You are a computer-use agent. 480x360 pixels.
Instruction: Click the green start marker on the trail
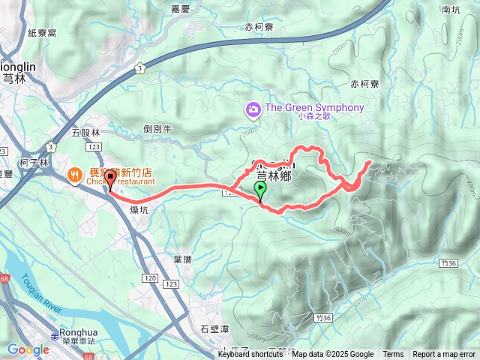click(x=260, y=190)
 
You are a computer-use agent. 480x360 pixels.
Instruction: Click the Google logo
click(x=28, y=349)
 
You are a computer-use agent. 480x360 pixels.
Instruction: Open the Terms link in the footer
click(x=393, y=355)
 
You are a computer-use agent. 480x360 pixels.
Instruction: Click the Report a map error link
click(x=444, y=355)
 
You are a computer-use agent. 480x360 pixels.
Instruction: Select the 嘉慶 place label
click(x=180, y=9)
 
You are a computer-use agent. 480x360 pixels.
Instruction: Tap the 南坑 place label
click(x=451, y=10)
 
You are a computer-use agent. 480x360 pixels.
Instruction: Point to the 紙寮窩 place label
click(x=42, y=33)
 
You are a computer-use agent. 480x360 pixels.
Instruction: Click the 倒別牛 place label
click(x=157, y=128)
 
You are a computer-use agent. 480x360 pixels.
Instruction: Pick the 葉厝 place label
click(x=183, y=259)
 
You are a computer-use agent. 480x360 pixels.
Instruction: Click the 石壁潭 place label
click(x=214, y=328)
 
